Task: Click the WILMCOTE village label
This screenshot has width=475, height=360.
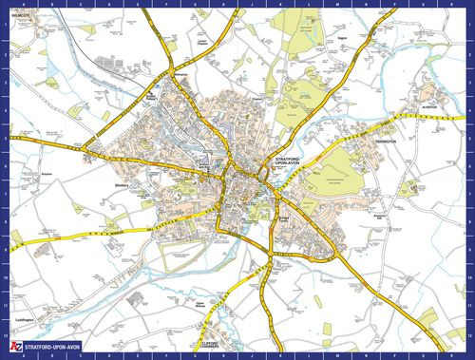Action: [x=22, y=16]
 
